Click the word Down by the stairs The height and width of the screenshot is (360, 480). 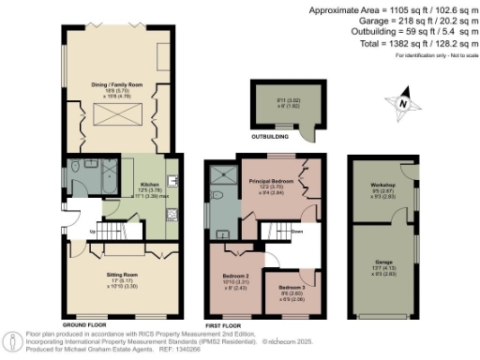pos(296,231)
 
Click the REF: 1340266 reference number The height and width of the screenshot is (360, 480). pos(196,349)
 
